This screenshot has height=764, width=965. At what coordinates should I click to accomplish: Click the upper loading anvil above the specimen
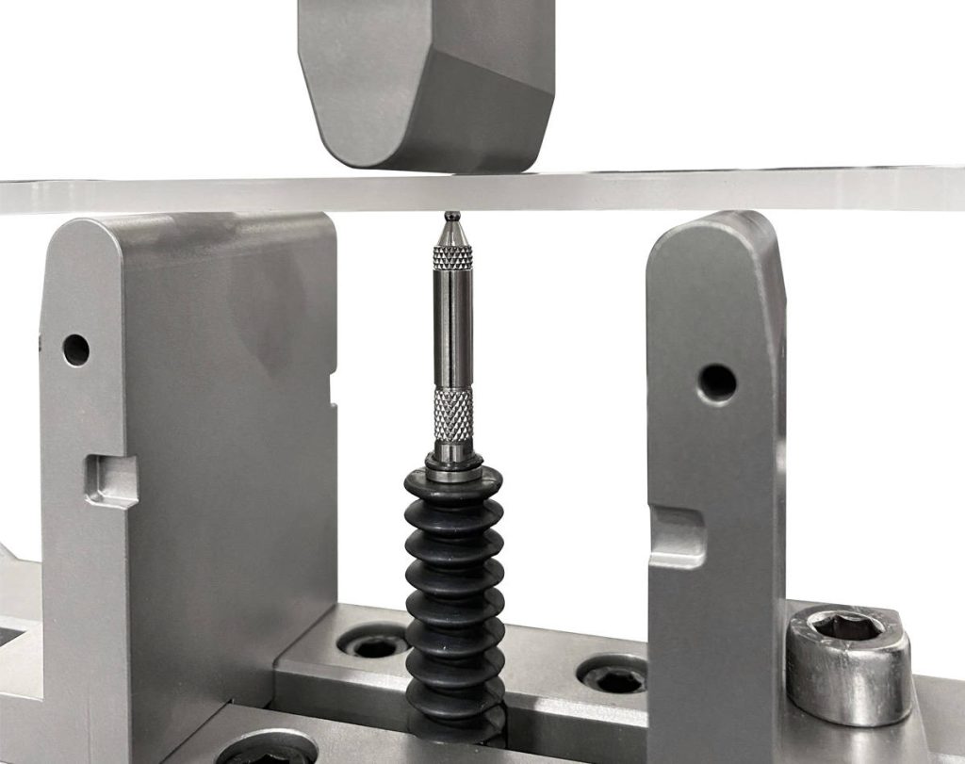tap(424, 85)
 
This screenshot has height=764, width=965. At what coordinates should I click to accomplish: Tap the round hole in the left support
tap(76, 349)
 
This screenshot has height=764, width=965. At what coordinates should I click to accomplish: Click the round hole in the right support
tap(717, 382)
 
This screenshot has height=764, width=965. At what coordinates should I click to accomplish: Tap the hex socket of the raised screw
tap(847, 626)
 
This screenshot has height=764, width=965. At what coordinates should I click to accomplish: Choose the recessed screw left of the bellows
tap(376, 645)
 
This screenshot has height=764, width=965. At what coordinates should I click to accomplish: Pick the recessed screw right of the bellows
tap(613, 676)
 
